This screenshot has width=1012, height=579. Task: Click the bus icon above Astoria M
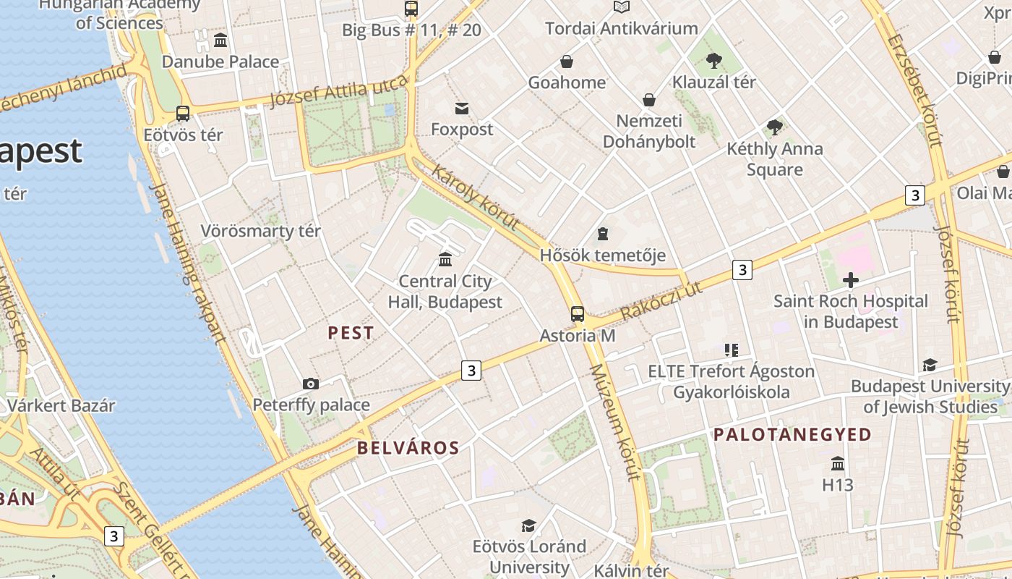point(577,314)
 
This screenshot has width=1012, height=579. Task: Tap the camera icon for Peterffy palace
point(311,384)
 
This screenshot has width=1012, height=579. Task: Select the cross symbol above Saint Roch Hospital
point(851,280)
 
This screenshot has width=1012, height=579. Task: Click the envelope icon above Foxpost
point(462,109)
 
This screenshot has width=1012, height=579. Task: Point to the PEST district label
point(351,333)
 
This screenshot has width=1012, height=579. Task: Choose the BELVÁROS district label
point(408,448)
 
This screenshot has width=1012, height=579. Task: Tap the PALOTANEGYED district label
point(793,435)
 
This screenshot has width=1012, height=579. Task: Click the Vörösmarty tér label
point(260,232)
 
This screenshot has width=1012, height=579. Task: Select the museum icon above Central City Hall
point(445,259)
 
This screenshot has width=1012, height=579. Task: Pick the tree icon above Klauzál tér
point(714,61)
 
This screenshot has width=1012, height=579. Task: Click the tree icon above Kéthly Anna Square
point(774,127)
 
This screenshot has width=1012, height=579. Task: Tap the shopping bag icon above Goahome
point(567,62)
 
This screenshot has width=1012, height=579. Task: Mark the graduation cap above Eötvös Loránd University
point(529,525)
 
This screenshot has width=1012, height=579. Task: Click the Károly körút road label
point(475,197)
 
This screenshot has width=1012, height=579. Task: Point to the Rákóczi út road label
point(661,301)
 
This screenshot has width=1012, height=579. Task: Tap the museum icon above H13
point(838,463)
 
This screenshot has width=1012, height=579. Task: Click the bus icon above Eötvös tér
point(183,114)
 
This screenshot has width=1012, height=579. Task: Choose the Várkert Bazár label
point(61,405)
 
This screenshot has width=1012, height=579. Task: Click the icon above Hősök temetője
point(603,234)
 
